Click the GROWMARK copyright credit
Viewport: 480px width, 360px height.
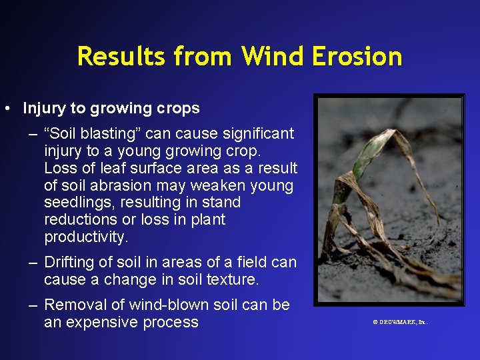(400, 322)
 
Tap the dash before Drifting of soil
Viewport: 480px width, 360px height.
(33, 263)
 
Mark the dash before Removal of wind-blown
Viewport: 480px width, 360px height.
(33, 305)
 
